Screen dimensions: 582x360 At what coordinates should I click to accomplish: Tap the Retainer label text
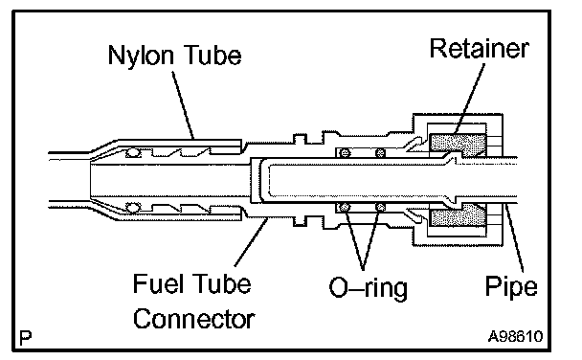point(480,48)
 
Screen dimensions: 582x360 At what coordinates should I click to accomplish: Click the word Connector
point(193,319)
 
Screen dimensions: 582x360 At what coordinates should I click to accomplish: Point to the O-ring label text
point(369,289)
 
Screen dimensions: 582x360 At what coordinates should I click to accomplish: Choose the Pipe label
point(511,287)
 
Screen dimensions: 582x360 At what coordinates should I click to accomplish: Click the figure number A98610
point(515,337)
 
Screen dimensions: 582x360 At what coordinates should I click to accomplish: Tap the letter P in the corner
point(25,338)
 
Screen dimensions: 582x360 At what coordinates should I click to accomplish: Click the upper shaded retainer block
point(458,146)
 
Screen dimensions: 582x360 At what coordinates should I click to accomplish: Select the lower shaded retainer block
point(458,214)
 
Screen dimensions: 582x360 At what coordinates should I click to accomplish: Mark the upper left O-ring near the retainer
point(345,152)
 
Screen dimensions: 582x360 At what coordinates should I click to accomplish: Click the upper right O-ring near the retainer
point(380,152)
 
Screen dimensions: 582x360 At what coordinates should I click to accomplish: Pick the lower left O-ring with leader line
point(345,207)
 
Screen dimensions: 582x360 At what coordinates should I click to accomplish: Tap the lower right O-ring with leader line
point(380,207)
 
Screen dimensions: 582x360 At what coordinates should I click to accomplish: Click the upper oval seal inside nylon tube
point(133,152)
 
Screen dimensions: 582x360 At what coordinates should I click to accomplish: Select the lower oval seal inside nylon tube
point(133,207)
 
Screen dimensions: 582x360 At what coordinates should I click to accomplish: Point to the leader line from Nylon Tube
point(183,105)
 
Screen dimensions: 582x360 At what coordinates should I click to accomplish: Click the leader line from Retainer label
point(469,99)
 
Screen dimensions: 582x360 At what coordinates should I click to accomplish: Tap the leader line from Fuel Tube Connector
point(251,242)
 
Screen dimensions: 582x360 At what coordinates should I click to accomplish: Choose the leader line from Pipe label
point(515,237)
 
